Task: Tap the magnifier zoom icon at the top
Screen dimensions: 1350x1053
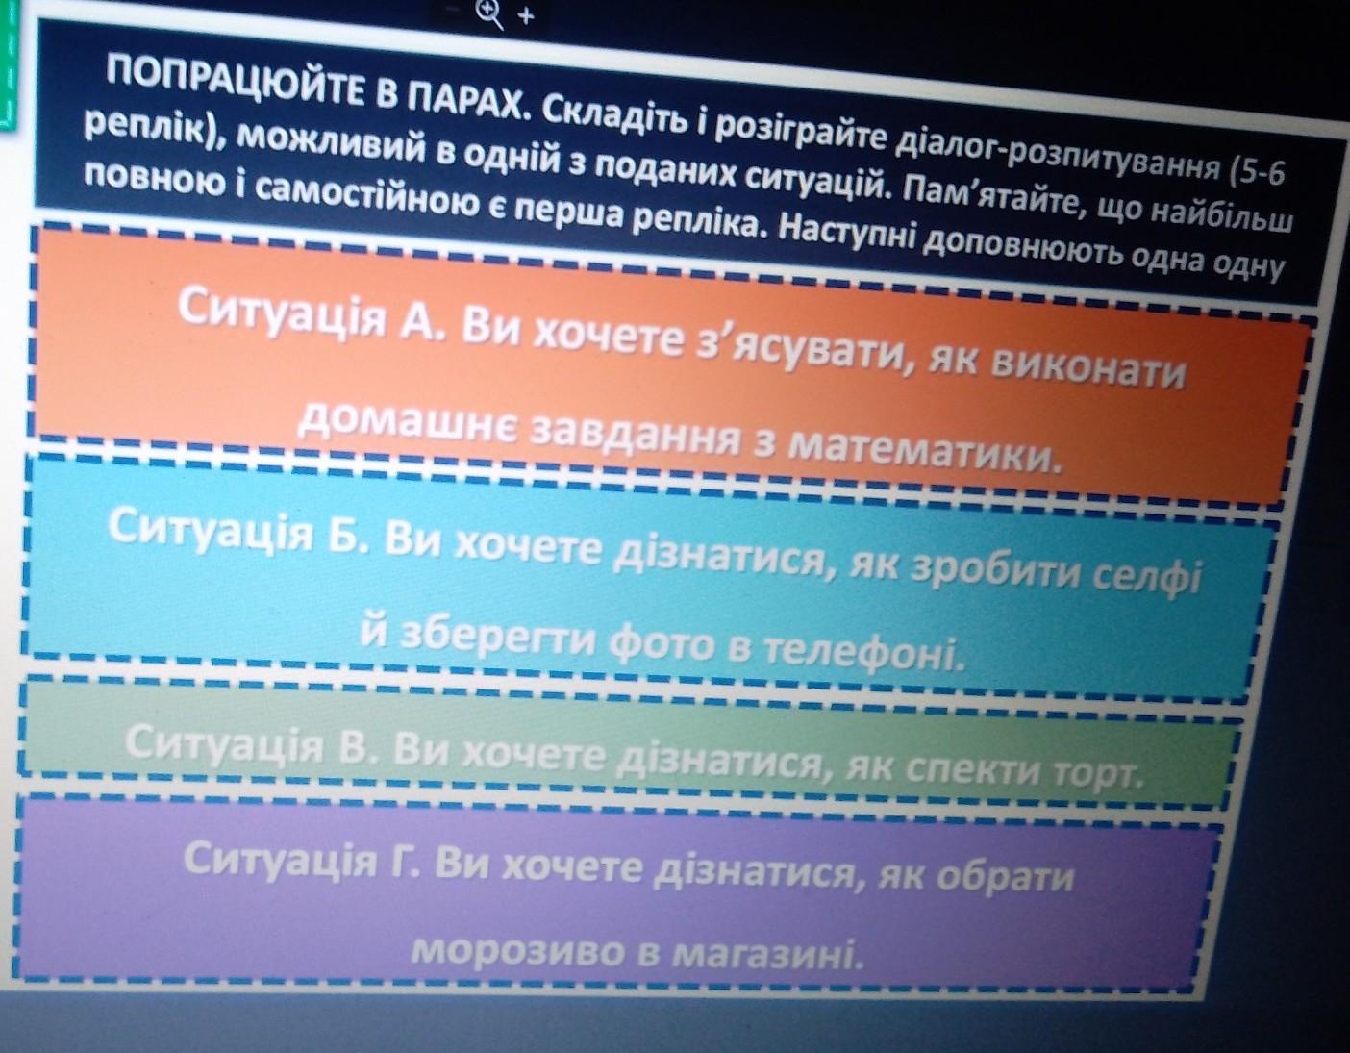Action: [x=489, y=13]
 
